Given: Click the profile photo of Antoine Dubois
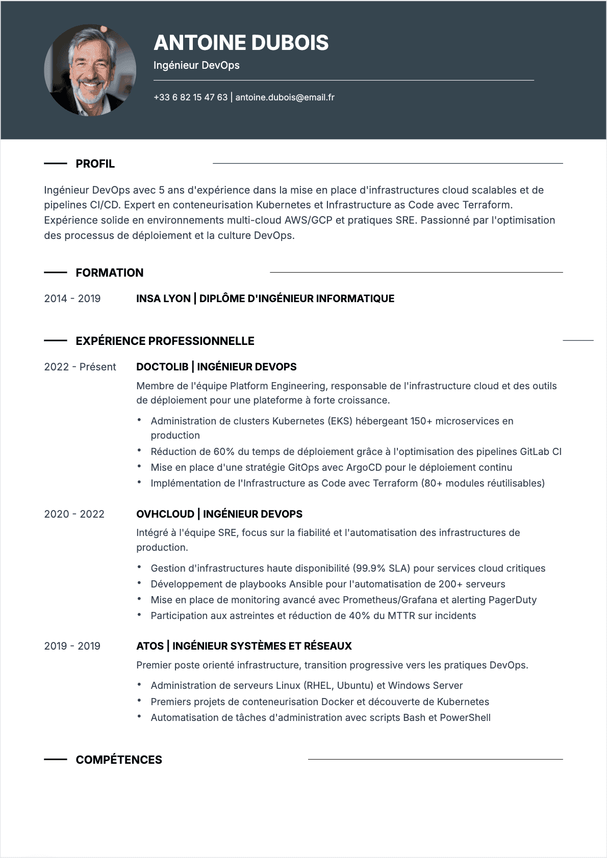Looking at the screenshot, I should pyautogui.click(x=90, y=70).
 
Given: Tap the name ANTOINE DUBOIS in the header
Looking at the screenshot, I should pyautogui.click(x=241, y=43).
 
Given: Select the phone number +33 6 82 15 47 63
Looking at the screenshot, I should pyautogui.click(x=190, y=97).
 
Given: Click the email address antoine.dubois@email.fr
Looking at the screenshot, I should pyautogui.click(x=285, y=97).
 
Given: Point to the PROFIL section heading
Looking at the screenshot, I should pyautogui.click(x=95, y=164).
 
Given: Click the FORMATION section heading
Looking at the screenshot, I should pyautogui.click(x=109, y=273).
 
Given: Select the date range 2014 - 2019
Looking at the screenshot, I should pyautogui.click(x=72, y=299).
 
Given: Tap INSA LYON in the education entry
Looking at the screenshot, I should pyautogui.click(x=163, y=299).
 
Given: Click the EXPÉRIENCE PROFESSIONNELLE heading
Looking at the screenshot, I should pyautogui.click(x=165, y=341).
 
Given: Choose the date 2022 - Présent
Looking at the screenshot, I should pyautogui.click(x=80, y=367).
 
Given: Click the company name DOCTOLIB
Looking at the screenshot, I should pyautogui.click(x=162, y=367).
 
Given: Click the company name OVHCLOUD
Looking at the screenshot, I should pyautogui.click(x=165, y=514).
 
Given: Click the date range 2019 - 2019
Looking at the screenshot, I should pyautogui.click(x=72, y=646).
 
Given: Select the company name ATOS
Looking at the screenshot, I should pyautogui.click(x=150, y=646).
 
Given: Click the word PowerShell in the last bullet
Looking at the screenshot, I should pyautogui.click(x=465, y=717).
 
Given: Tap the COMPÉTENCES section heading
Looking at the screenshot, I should pyautogui.click(x=119, y=760).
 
